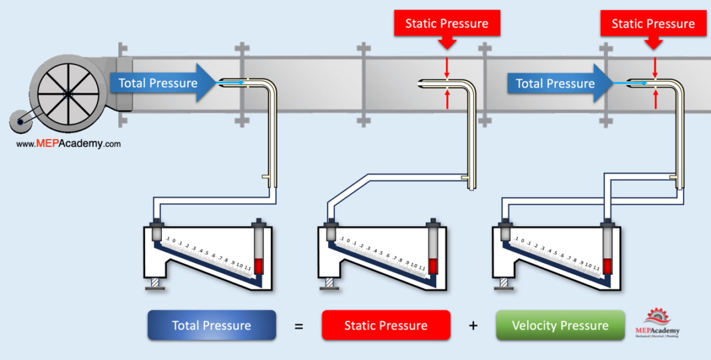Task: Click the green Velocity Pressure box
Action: coord(560,325)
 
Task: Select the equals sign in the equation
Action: coord(299,326)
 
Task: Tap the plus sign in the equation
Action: coord(473,326)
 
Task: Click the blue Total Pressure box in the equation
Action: coord(212,325)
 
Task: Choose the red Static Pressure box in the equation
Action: coord(385,325)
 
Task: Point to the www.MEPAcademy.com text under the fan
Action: coord(69,143)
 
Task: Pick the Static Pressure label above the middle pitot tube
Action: coord(447,24)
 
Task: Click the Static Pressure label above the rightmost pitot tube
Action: coord(653,24)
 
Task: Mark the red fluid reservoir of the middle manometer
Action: coord(433,264)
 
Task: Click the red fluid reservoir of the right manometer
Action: coord(607,264)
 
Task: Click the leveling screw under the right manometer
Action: coord(504,283)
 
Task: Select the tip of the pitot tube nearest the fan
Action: coord(222,83)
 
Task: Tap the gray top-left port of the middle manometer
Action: coord(330,234)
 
